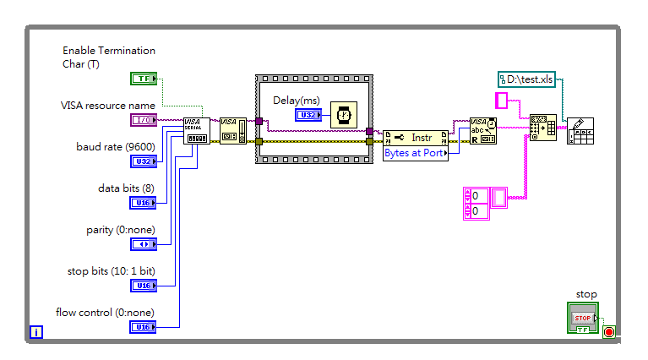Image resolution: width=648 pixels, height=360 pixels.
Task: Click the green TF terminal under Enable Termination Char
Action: (144, 79)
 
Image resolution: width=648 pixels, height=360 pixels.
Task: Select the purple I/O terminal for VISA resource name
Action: (144, 120)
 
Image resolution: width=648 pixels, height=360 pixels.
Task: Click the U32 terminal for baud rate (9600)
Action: (144, 161)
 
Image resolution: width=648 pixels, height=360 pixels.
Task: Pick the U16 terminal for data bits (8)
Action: (144, 202)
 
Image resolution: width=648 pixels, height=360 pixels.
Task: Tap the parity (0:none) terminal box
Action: (144, 243)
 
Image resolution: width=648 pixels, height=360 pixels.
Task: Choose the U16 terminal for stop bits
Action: (144, 286)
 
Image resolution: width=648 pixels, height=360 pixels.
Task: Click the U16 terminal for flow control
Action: (144, 326)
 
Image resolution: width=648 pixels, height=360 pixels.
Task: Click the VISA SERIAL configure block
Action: (196, 131)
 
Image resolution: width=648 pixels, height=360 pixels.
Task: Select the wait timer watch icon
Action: (342, 115)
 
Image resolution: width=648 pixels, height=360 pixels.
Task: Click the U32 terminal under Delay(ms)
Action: (308, 115)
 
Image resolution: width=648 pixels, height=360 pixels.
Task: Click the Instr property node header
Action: (416, 138)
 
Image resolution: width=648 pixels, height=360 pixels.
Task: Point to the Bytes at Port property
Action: (416, 154)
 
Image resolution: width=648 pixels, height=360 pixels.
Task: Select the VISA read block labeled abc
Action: (483, 131)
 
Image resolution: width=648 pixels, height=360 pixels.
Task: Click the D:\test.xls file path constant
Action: (525, 79)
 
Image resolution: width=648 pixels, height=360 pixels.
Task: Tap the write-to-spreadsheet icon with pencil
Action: (580, 131)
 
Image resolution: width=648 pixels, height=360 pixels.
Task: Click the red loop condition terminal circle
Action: (609, 331)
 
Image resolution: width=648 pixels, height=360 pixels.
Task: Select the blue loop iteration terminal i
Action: (35, 331)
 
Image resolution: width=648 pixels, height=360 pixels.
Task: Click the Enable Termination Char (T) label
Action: (109, 57)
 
